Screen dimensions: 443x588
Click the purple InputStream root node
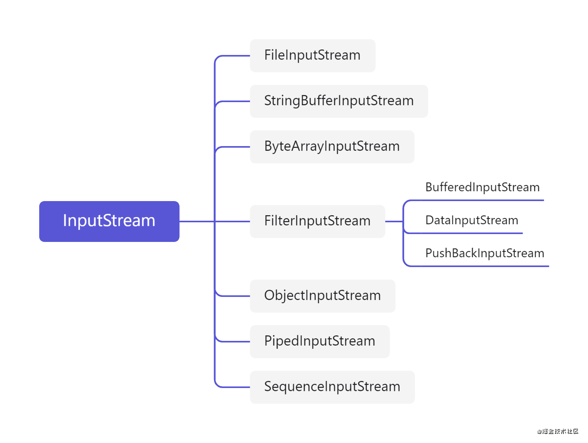pyautogui.click(x=109, y=221)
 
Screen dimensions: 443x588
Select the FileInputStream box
pyautogui.click(x=312, y=55)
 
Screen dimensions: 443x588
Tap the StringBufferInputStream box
pyautogui.click(x=339, y=101)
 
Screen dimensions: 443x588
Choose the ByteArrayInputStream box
pyautogui.click(x=332, y=146)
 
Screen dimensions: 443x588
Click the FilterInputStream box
pyautogui.click(x=317, y=221)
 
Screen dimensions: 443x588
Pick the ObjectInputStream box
pyautogui.click(x=322, y=296)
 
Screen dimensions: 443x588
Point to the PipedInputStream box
pyautogui.click(x=319, y=341)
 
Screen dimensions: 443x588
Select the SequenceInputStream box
pyautogui.click(x=332, y=387)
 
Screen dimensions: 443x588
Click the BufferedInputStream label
pyautogui.click(x=482, y=187)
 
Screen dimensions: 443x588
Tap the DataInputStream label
pyautogui.click(x=472, y=220)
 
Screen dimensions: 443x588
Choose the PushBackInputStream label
pyautogui.click(x=485, y=253)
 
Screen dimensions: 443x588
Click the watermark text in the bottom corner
pyautogui.click(x=557, y=431)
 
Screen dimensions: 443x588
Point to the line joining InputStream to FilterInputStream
pyautogui.click(x=196, y=222)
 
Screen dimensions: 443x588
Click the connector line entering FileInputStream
pyautogui.click(x=235, y=56)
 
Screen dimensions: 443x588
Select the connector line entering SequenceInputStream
pyautogui.click(x=235, y=387)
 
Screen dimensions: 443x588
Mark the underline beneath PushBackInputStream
pyautogui.click(x=482, y=266)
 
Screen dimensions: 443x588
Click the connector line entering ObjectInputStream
pyautogui.click(x=235, y=296)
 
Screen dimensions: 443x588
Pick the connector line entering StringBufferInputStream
pyautogui.click(x=235, y=101)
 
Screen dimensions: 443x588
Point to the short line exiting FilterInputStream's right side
pyautogui.click(x=394, y=222)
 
